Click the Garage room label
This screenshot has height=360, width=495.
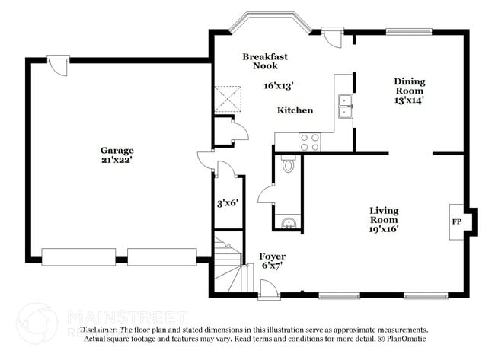tap(117, 150)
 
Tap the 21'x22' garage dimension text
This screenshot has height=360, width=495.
tap(117, 161)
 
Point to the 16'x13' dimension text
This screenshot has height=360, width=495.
tap(258, 86)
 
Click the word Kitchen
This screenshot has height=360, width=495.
tap(294, 110)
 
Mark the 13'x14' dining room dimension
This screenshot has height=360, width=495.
tap(409, 99)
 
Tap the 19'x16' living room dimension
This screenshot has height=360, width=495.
tap(384, 228)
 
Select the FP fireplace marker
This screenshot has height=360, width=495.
tap(457, 221)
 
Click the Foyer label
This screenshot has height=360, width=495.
tap(272, 256)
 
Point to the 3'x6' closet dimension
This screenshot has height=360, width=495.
tap(228, 203)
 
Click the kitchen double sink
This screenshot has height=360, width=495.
tap(345, 106)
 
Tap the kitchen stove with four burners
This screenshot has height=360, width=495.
tap(309, 141)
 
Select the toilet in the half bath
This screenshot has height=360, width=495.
tap(288, 164)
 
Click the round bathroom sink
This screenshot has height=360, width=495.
tap(288, 222)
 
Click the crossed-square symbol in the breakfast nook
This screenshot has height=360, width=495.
tap(228, 98)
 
